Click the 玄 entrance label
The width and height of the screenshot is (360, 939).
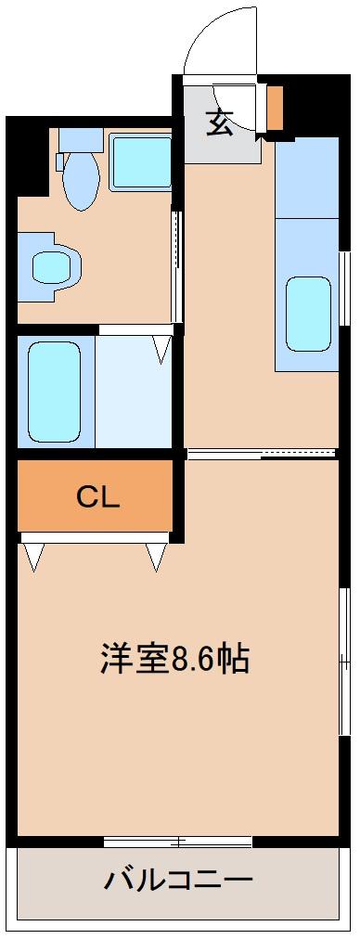[219, 122]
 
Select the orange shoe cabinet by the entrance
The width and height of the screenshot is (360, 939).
[275, 108]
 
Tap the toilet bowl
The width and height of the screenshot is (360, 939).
[81, 182]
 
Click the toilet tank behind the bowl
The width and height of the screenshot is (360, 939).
[81, 139]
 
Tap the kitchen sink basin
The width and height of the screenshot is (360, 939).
[308, 314]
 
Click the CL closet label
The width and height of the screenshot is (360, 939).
[98, 497]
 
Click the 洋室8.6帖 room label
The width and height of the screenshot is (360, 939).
[174, 658]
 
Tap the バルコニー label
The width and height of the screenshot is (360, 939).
[178, 879]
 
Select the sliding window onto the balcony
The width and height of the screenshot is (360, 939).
[178, 842]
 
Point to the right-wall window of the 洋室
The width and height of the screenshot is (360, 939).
[343, 659]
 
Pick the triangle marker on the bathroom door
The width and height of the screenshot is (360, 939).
[162, 349]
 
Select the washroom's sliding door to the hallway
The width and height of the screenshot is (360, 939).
[176, 264]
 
